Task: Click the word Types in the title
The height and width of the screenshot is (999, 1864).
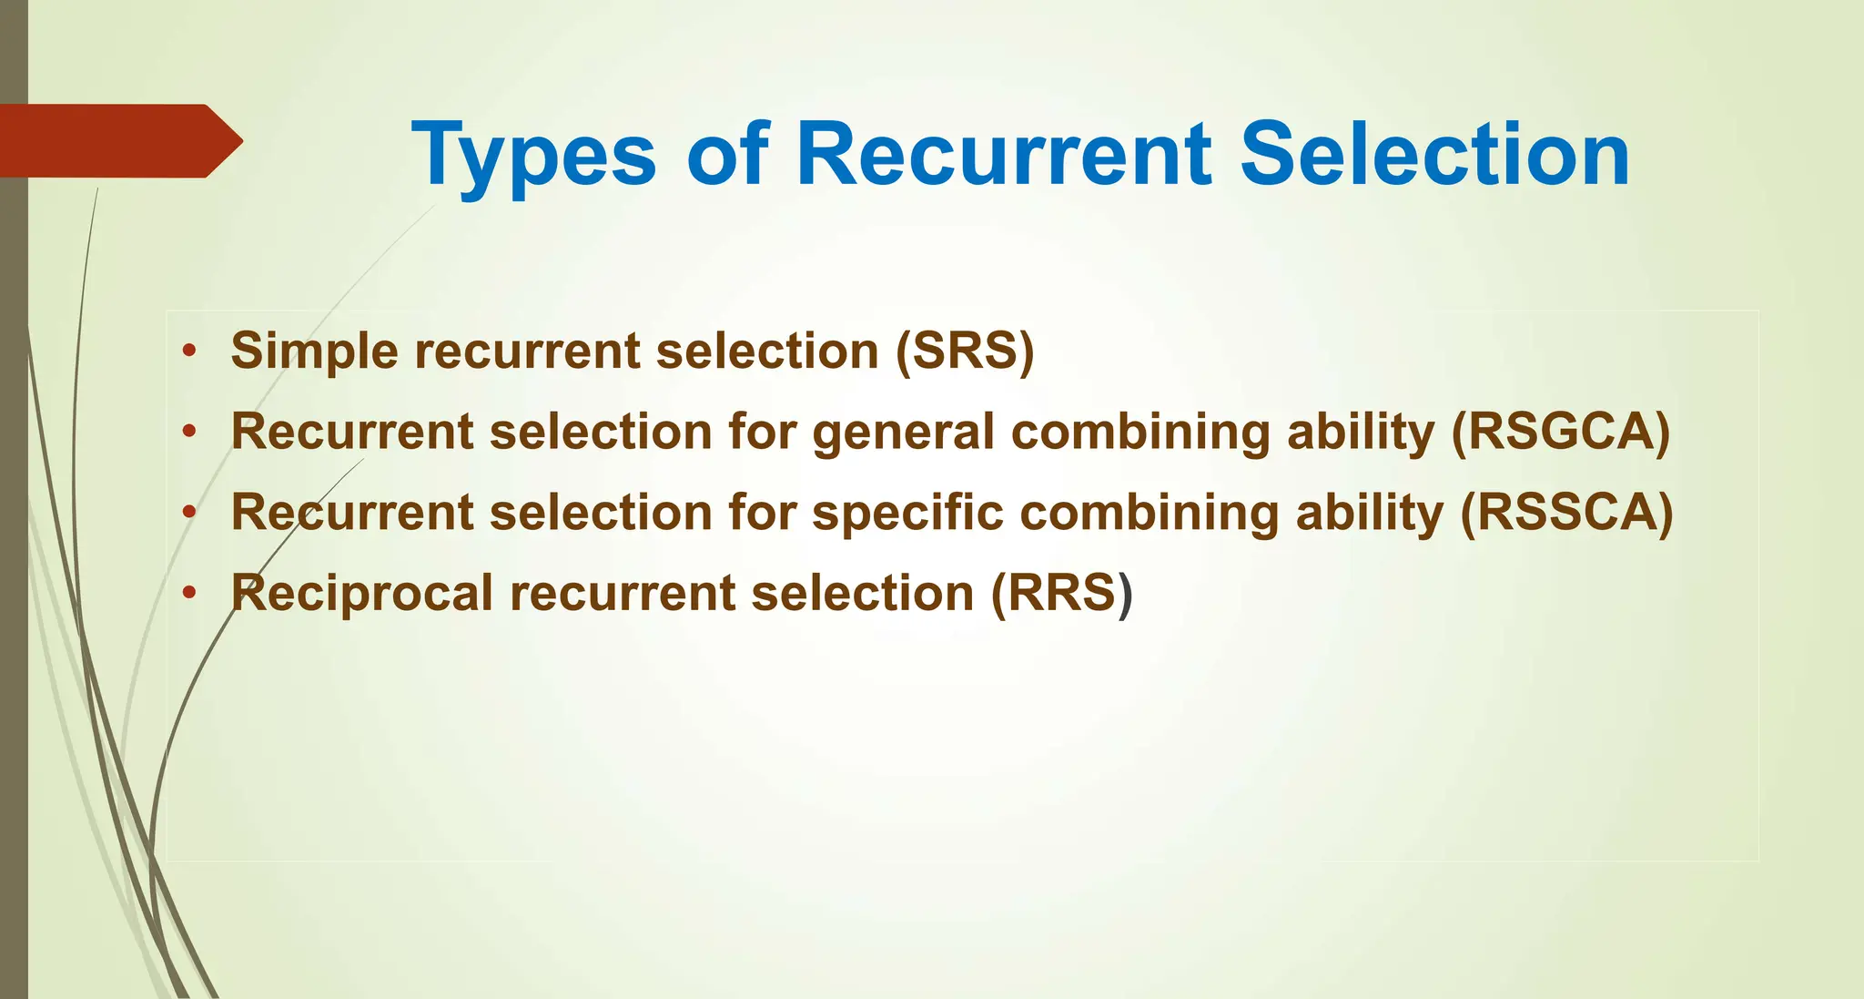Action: tap(533, 156)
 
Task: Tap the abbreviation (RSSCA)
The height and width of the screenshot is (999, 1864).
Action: tap(1566, 512)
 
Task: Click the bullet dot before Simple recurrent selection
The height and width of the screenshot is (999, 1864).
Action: tap(188, 352)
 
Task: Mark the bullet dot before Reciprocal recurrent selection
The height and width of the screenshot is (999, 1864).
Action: tap(188, 594)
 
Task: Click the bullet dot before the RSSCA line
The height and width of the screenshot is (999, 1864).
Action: tap(188, 513)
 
